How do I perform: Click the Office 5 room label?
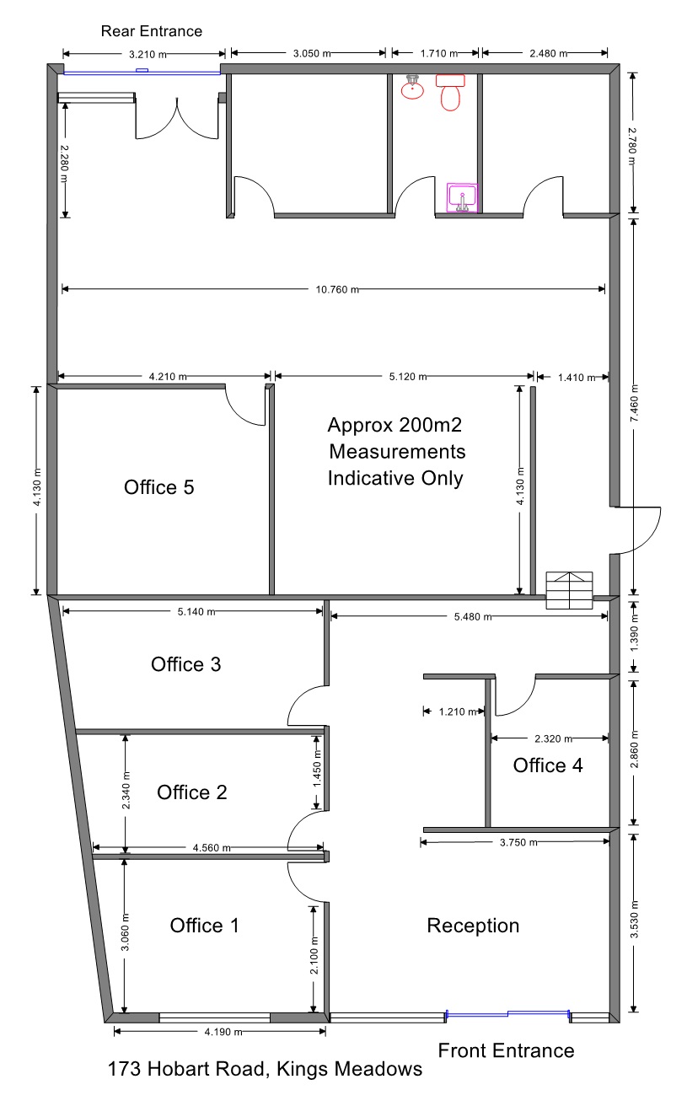coord(158,487)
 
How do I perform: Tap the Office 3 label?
coord(185,664)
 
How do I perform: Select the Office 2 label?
coord(191,792)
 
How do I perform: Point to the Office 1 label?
coord(205,926)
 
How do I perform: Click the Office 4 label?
coord(548,765)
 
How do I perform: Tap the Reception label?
coord(473,926)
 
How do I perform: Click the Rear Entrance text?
coord(152,31)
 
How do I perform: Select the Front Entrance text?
coord(507,1050)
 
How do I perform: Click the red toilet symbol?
coord(450,93)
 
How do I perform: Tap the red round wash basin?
coord(412,88)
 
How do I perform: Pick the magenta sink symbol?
coord(462,197)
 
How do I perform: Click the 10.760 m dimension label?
coord(337,290)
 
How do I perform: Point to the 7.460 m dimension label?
coord(635,403)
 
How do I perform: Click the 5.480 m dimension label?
coord(473,617)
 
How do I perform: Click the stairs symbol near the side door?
coord(569,590)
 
